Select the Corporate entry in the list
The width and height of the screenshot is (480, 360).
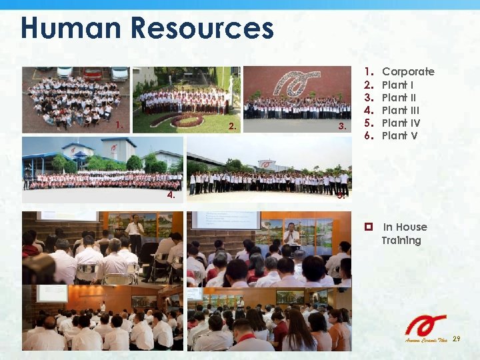[408, 72]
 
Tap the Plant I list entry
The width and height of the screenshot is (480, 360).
[397, 85]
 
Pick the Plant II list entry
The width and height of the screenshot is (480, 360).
[399, 97]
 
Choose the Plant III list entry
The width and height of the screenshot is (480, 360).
[401, 110]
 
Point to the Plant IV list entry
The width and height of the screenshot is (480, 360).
[401, 123]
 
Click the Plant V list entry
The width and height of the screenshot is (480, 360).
[399, 135]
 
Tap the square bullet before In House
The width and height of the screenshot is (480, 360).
[367, 227]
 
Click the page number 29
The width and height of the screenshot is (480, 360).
[457, 339]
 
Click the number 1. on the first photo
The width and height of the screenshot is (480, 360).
[119, 125]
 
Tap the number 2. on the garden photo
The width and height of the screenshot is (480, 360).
[231, 127]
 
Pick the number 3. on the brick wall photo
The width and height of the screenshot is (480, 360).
[342, 127]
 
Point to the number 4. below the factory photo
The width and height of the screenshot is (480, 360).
[171, 195]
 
